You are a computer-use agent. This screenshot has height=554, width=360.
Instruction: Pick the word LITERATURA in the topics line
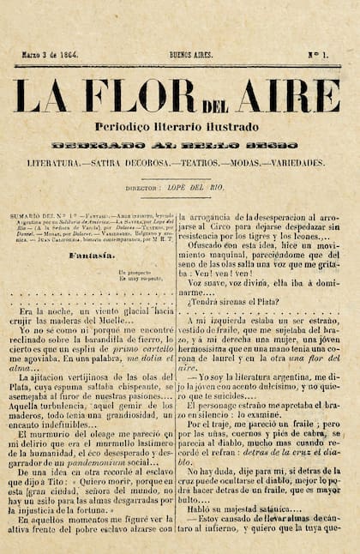pyautogui.click(x=60, y=162)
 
